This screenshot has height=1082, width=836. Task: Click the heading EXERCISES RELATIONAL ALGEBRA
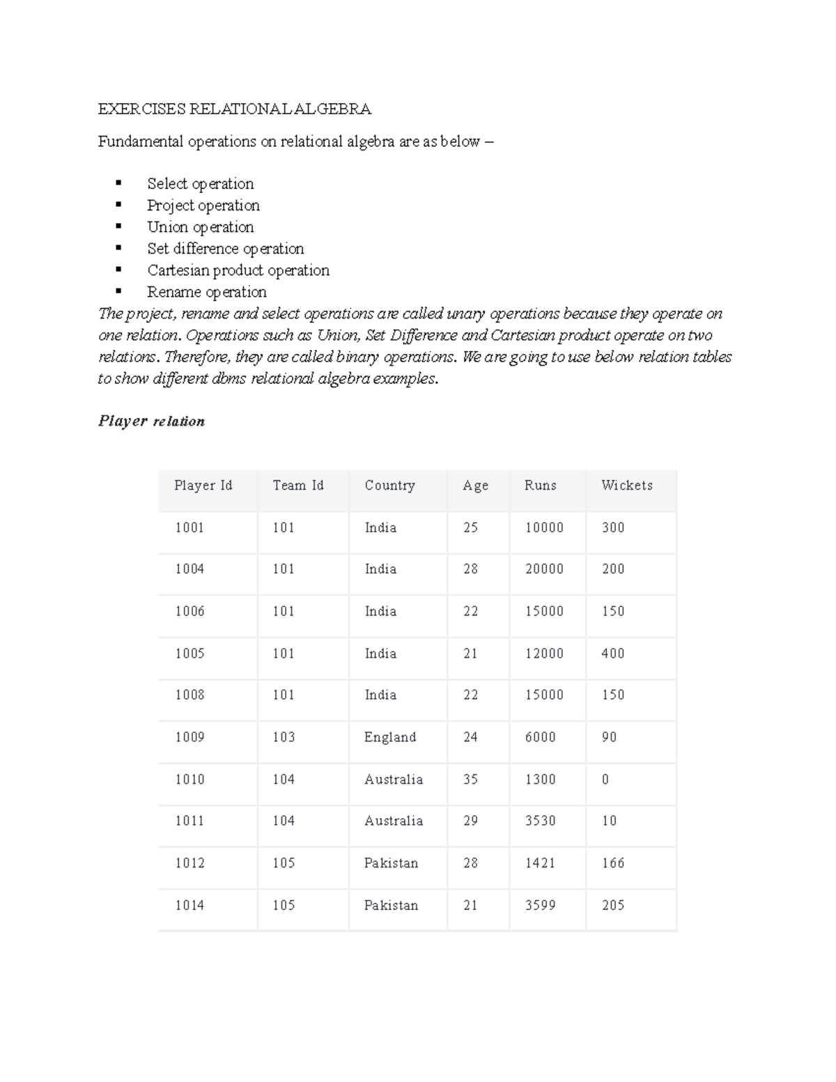coord(234,109)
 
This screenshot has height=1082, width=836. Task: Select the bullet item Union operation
coord(200,227)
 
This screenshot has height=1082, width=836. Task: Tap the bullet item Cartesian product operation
coord(238,270)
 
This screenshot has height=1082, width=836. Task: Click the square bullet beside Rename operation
coord(118,291)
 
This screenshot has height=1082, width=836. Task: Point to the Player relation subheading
coord(151,421)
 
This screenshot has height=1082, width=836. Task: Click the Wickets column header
coord(626,486)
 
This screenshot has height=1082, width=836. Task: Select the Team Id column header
coord(298,486)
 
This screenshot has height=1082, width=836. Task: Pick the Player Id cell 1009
coord(189,737)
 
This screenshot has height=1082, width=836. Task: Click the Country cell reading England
coord(389,737)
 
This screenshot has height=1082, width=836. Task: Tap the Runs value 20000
coord(544,569)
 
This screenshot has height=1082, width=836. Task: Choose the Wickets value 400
coord(612,654)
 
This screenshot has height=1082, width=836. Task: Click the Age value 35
coord(470,780)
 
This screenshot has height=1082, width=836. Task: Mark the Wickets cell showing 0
coord(605,780)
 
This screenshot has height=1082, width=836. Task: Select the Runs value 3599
coord(540,906)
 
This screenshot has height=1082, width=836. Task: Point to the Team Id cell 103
coord(284,737)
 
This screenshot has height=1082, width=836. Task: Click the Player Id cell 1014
coord(189,906)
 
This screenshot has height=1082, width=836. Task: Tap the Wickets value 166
coord(612,863)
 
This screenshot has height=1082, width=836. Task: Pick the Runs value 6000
coord(540,737)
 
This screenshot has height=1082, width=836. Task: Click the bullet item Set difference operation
coord(225,249)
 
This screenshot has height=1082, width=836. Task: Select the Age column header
coord(475,486)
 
